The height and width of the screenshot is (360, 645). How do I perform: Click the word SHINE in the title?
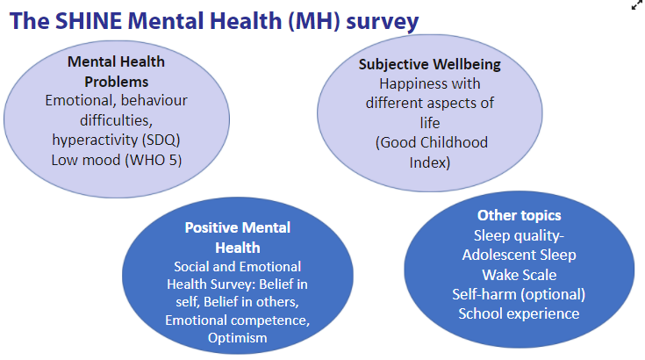(88, 20)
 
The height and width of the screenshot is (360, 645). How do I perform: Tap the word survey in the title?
(382, 22)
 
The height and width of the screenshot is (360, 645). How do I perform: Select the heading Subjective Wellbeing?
(429, 65)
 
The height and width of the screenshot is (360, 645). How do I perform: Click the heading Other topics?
(519, 215)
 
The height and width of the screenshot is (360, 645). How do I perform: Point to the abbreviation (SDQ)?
(161, 140)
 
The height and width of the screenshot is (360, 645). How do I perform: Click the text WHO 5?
(153, 160)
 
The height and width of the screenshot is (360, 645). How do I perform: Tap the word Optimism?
(237, 338)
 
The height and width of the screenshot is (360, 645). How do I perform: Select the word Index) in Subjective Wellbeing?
(429, 162)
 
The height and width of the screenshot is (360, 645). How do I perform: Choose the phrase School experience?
(519, 314)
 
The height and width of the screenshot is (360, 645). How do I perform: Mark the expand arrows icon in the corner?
(637, 5)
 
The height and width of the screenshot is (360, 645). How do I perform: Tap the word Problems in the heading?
(117, 82)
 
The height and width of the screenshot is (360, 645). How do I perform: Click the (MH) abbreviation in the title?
(315, 21)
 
